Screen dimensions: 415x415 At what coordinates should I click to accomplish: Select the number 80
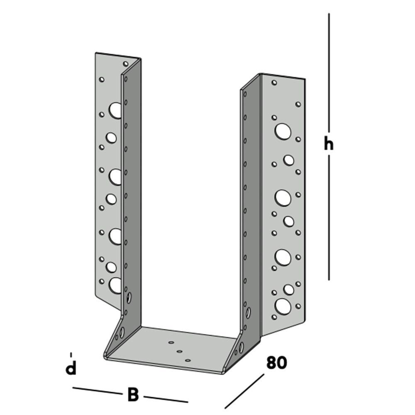click(x=276, y=363)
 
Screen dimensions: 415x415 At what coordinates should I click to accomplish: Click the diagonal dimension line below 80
click(x=244, y=391)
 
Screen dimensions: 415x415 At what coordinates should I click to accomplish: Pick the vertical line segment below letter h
click(x=329, y=217)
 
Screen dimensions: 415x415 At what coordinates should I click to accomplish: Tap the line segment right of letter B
click(x=166, y=399)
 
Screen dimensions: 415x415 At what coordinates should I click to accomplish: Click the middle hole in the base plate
click(x=179, y=351)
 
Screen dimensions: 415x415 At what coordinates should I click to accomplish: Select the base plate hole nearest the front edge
click(x=188, y=360)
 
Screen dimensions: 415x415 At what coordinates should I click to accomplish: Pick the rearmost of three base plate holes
click(x=171, y=342)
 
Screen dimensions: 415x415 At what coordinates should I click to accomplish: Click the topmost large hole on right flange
click(x=283, y=131)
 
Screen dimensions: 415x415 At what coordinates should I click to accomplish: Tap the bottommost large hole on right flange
click(x=283, y=307)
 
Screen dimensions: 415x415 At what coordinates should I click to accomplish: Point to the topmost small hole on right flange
click(x=274, y=83)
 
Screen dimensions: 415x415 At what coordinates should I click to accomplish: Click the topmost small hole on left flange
click(x=126, y=64)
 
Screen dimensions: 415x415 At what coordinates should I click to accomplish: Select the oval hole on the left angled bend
click(x=122, y=332)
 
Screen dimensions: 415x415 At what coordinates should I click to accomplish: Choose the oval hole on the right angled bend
click(x=241, y=347)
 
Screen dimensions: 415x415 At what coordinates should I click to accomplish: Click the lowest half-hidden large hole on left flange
click(x=115, y=286)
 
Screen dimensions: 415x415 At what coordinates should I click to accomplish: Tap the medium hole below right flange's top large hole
click(x=288, y=160)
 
